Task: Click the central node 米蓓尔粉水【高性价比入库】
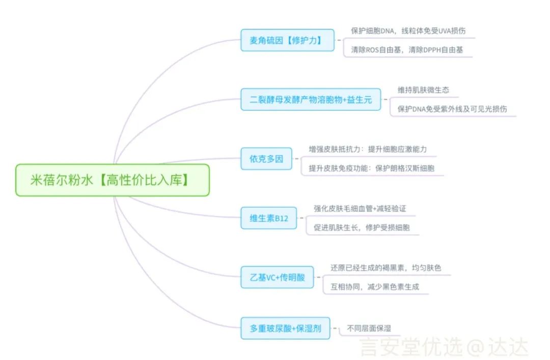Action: click(x=112, y=180)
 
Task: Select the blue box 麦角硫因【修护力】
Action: click(x=287, y=40)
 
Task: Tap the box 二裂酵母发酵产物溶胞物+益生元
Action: click(x=311, y=99)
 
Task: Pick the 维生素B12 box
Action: click(x=269, y=218)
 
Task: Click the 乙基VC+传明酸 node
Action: click(x=277, y=277)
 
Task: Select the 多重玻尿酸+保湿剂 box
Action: click(x=285, y=328)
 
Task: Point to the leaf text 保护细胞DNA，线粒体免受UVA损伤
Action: click(x=408, y=31)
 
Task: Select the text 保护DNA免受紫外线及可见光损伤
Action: click(x=452, y=109)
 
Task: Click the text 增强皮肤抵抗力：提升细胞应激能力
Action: click(x=368, y=149)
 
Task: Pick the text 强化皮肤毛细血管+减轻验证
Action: click(x=360, y=209)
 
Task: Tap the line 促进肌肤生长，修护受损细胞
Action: click(x=362, y=228)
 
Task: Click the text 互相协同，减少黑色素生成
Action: click(x=375, y=287)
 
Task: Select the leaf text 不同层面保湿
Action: click(x=369, y=328)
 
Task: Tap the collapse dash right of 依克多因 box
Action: click(x=296, y=159)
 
